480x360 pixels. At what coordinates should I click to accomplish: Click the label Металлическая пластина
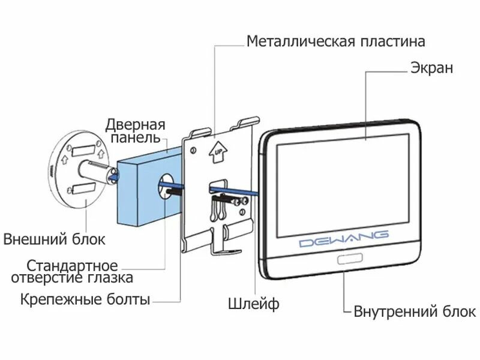(x=336, y=41)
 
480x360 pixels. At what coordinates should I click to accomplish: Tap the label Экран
(x=431, y=68)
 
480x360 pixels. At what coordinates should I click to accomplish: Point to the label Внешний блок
(x=55, y=239)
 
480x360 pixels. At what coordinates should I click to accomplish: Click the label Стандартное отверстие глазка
(x=72, y=271)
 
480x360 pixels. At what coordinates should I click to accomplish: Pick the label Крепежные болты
(x=85, y=299)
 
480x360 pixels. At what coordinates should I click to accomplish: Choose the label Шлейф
(x=254, y=304)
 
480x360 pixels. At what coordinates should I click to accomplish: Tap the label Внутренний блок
(x=415, y=311)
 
